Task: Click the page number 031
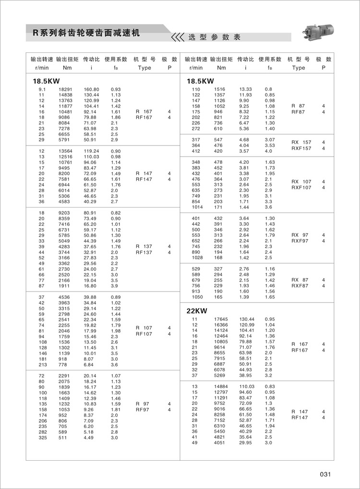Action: point(325,474)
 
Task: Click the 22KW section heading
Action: point(196,311)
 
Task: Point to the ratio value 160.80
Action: point(91,90)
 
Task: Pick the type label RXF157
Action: point(301,148)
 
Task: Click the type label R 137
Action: point(144,246)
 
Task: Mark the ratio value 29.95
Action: point(246,436)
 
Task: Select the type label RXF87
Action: point(300,286)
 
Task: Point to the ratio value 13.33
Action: point(246,90)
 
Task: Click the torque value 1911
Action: point(64,285)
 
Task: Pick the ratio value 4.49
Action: point(90,438)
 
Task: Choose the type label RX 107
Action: point(301,182)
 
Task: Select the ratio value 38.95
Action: point(246,375)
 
